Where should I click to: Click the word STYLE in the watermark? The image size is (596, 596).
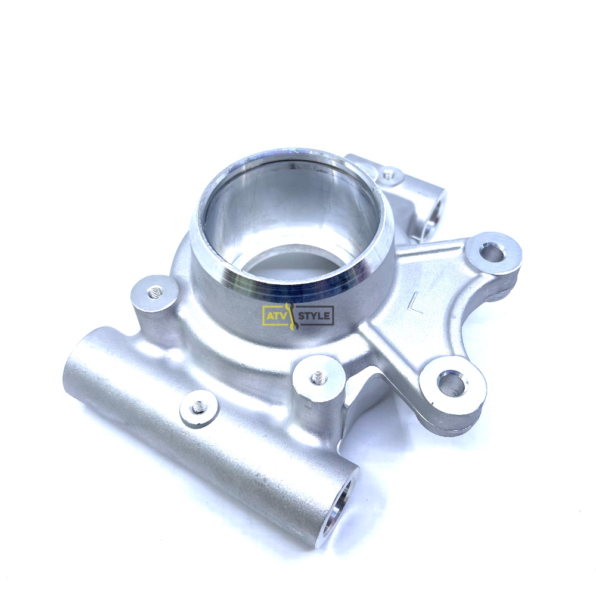point(315,315)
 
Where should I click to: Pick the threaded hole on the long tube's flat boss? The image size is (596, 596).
point(198,408)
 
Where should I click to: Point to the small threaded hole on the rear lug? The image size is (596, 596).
point(389,175)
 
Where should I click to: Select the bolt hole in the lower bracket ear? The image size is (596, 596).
point(452,383)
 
